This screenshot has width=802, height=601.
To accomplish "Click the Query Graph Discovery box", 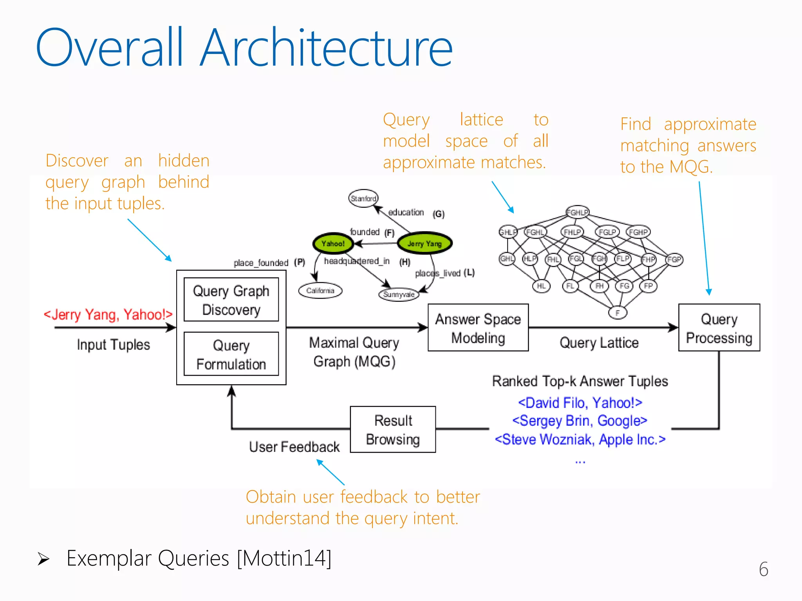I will coord(231,300).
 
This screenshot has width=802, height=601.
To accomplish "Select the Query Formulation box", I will coord(231,354).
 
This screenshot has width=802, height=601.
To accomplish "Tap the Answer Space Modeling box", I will coord(478,328).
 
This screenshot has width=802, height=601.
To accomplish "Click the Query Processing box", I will coord(719,328).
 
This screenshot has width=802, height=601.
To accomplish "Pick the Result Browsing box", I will coord(393,430).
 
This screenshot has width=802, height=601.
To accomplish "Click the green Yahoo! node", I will coord(333,243).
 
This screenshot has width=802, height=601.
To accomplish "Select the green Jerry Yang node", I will coord(424,243).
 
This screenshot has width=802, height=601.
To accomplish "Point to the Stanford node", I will coord(363,198).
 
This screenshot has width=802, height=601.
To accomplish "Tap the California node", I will coord(320,291).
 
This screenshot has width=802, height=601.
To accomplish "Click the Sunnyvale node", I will coord(399,294).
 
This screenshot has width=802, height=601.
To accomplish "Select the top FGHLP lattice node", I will coord(577,212).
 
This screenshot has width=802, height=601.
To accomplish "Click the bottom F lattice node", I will coord(618,313).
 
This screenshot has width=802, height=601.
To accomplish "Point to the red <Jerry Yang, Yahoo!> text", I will coord(108,314).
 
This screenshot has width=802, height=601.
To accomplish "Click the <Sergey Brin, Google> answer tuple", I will coord(580,421).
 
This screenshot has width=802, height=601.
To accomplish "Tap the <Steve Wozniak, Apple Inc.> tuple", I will coord(580,439).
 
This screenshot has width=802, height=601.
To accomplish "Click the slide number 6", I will coord(763,569).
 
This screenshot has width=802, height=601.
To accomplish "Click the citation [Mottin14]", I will coord(284,558).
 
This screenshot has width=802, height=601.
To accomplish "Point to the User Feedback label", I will coord(294,447).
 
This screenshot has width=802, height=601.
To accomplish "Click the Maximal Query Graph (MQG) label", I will coord(354,352).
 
